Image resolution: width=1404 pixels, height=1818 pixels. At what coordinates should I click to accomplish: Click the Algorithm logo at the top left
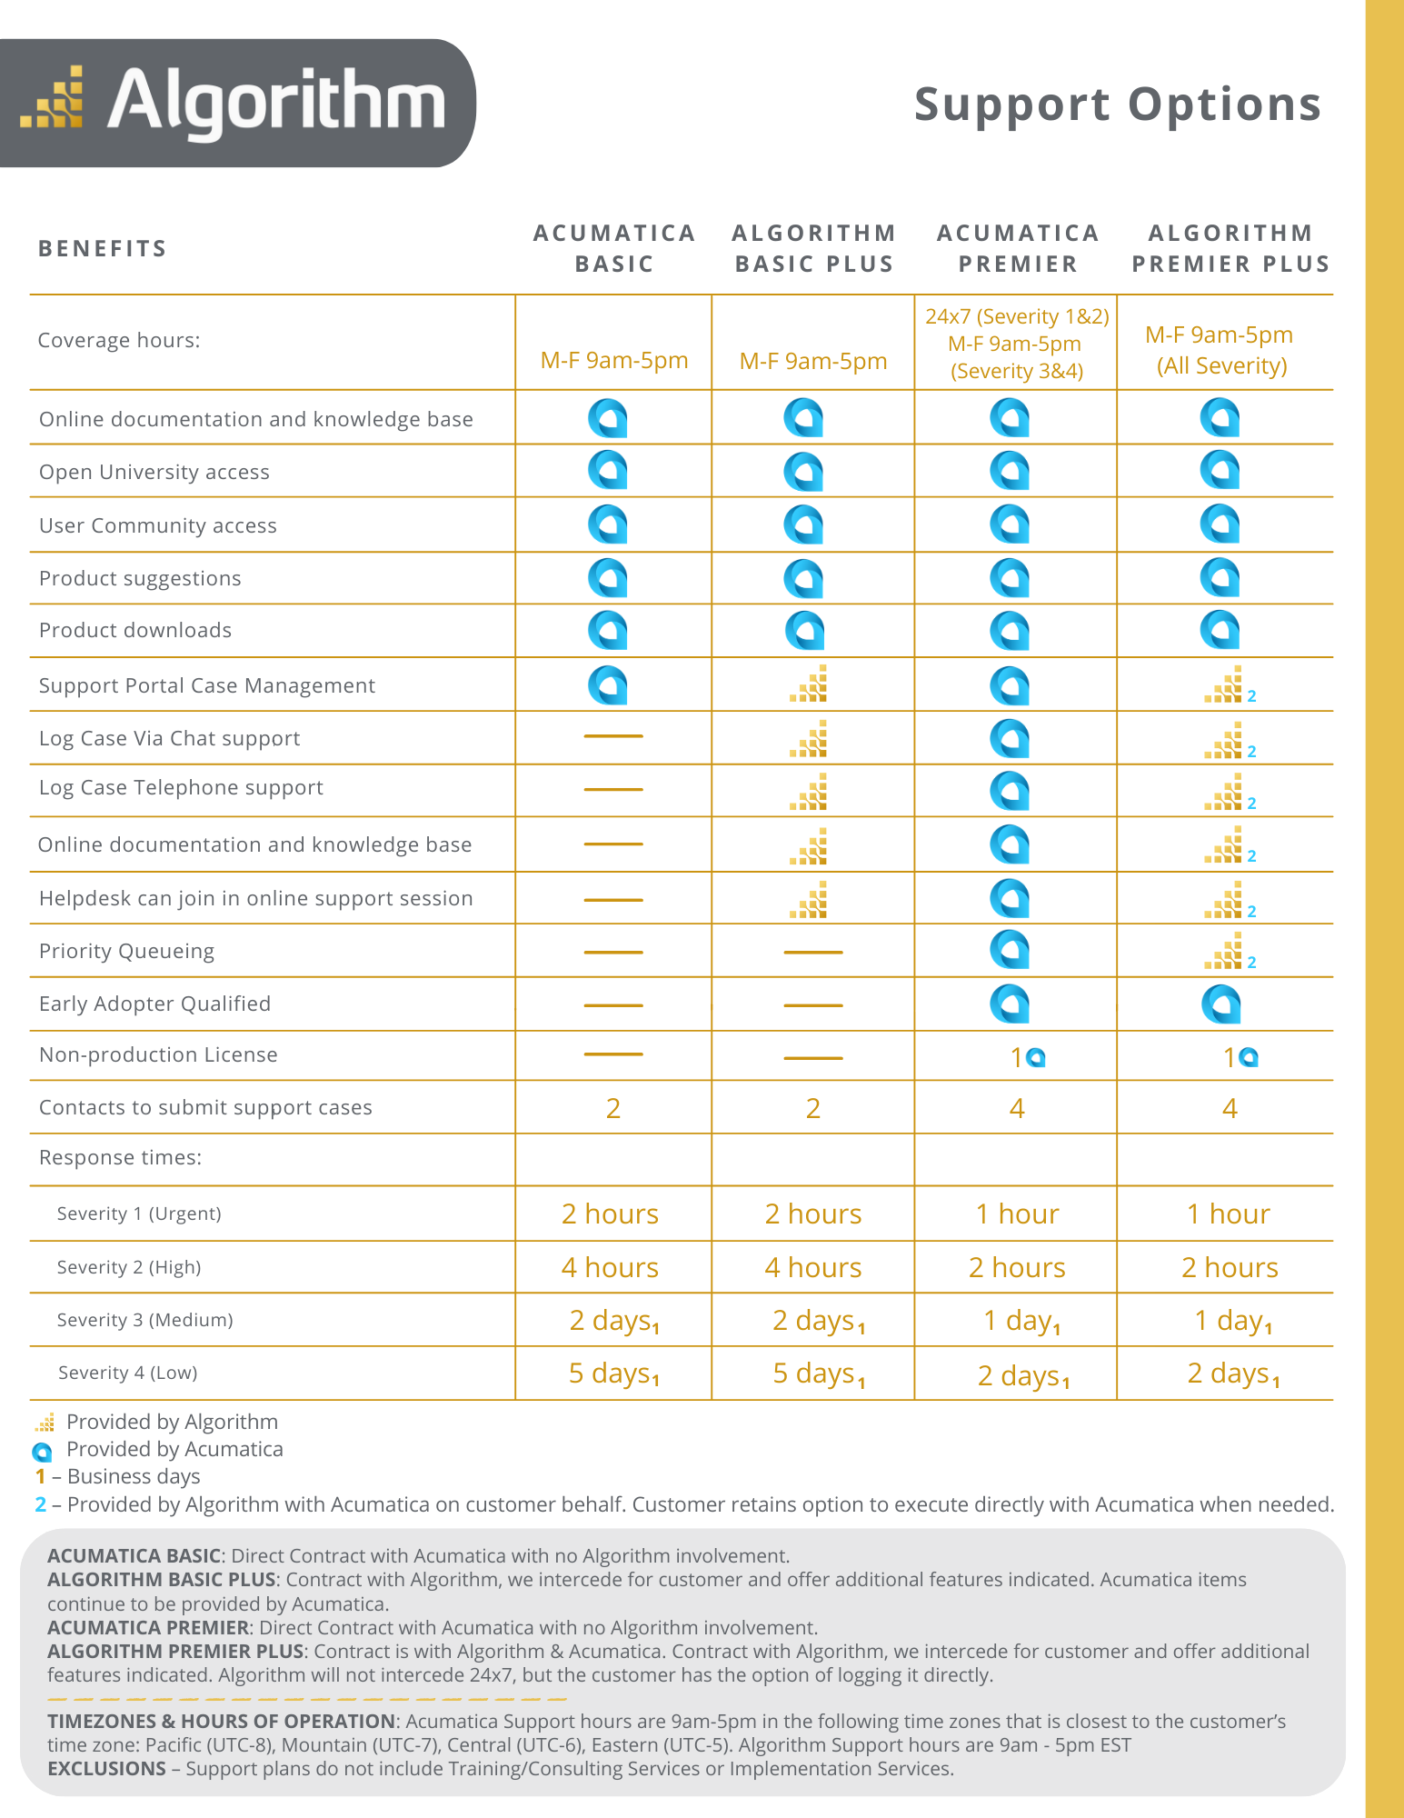pyautogui.click(x=234, y=103)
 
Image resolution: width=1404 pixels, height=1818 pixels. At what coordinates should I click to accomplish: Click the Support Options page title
pyautogui.click(x=1117, y=105)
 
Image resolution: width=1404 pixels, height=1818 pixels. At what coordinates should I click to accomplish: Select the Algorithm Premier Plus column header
pyautogui.click(x=1230, y=248)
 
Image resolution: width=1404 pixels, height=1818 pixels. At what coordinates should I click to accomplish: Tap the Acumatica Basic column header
pyautogui.click(x=614, y=248)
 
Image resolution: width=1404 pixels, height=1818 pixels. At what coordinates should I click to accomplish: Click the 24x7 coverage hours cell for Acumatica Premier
pyautogui.click(x=1016, y=344)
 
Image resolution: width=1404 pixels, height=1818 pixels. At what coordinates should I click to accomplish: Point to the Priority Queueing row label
pyautogui.click(x=126, y=951)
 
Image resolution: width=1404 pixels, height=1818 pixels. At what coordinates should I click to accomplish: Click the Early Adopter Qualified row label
pyautogui.click(x=154, y=1004)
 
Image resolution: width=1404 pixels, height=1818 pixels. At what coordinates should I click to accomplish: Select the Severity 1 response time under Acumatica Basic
pyautogui.click(x=610, y=1214)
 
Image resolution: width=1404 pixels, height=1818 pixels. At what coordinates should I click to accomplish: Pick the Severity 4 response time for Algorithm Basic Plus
pyautogui.click(x=818, y=1373)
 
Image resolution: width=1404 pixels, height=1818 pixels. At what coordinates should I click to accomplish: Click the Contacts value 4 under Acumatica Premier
pyautogui.click(x=1017, y=1108)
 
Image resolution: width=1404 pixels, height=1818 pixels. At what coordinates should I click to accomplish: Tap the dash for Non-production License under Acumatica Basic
pyautogui.click(x=613, y=1054)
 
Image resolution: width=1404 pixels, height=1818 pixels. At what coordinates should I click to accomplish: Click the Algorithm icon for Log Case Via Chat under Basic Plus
pyautogui.click(x=809, y=739)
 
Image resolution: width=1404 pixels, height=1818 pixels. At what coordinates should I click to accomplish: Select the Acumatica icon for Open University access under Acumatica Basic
pyautogui.click(x=607, y=471)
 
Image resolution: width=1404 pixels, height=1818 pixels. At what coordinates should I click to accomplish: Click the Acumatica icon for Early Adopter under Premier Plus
pyautogui.click(x=1220, y=1004)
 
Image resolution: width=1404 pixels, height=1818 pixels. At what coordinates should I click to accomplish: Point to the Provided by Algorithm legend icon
pyautogui.click(x=45, y=1423)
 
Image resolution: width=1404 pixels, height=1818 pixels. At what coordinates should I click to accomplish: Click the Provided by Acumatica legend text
pyautogui.click(x=174, y=1449)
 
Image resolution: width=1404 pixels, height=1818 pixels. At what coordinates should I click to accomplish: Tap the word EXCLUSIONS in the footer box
pyautogui.click(x=106, y=1768)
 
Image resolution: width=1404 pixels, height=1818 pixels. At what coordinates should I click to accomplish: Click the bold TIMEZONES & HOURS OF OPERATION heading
pyautogui.click(x=221, y=1721)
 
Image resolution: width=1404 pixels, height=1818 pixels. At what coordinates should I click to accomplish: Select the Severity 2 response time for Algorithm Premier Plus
pyautogui.click(x=1230, y=1267)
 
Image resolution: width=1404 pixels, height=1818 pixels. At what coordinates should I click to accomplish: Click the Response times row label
pyautogui.click(x=120, y=1157)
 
